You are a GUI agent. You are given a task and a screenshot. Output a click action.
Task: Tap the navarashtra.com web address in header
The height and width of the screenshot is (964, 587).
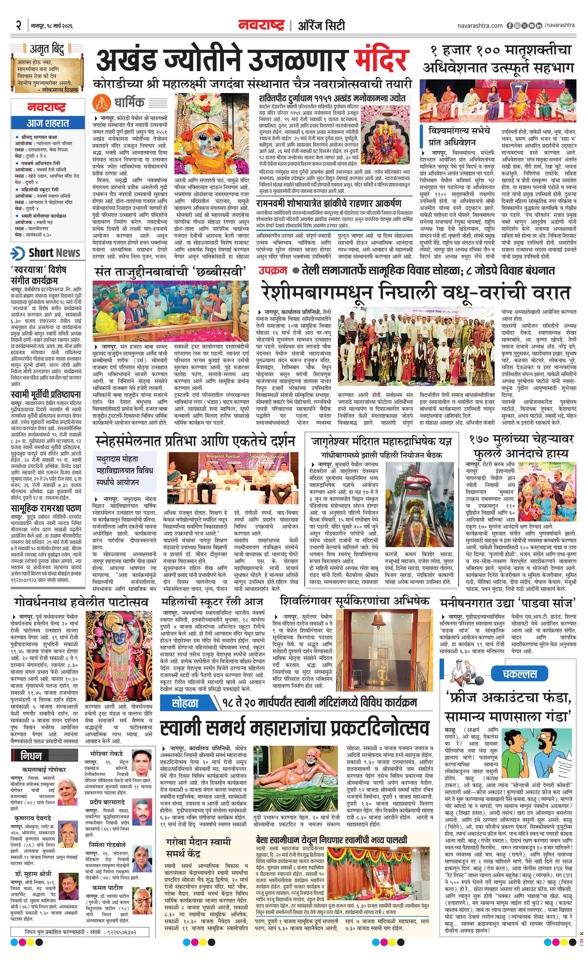pos(480,26)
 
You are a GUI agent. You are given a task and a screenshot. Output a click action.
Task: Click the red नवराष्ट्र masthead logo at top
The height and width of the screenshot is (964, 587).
pos(261,26)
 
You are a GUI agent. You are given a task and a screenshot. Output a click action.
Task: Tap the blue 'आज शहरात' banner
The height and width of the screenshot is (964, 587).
pos(48,123)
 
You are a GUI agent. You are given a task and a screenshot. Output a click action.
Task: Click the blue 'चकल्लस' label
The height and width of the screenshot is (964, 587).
pos(519,674)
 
